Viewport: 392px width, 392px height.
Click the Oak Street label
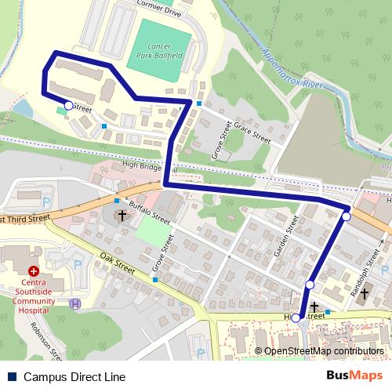click(x=118, y=263)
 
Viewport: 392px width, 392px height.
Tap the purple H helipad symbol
click(x=75, y=304)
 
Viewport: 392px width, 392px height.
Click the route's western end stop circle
click(x=68, y=104)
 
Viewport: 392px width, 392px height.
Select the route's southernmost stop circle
click(x=296, y=318)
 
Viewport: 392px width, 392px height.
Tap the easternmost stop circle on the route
click(x=346, y=216)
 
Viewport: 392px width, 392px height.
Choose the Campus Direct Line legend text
click(x=74, y=377)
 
